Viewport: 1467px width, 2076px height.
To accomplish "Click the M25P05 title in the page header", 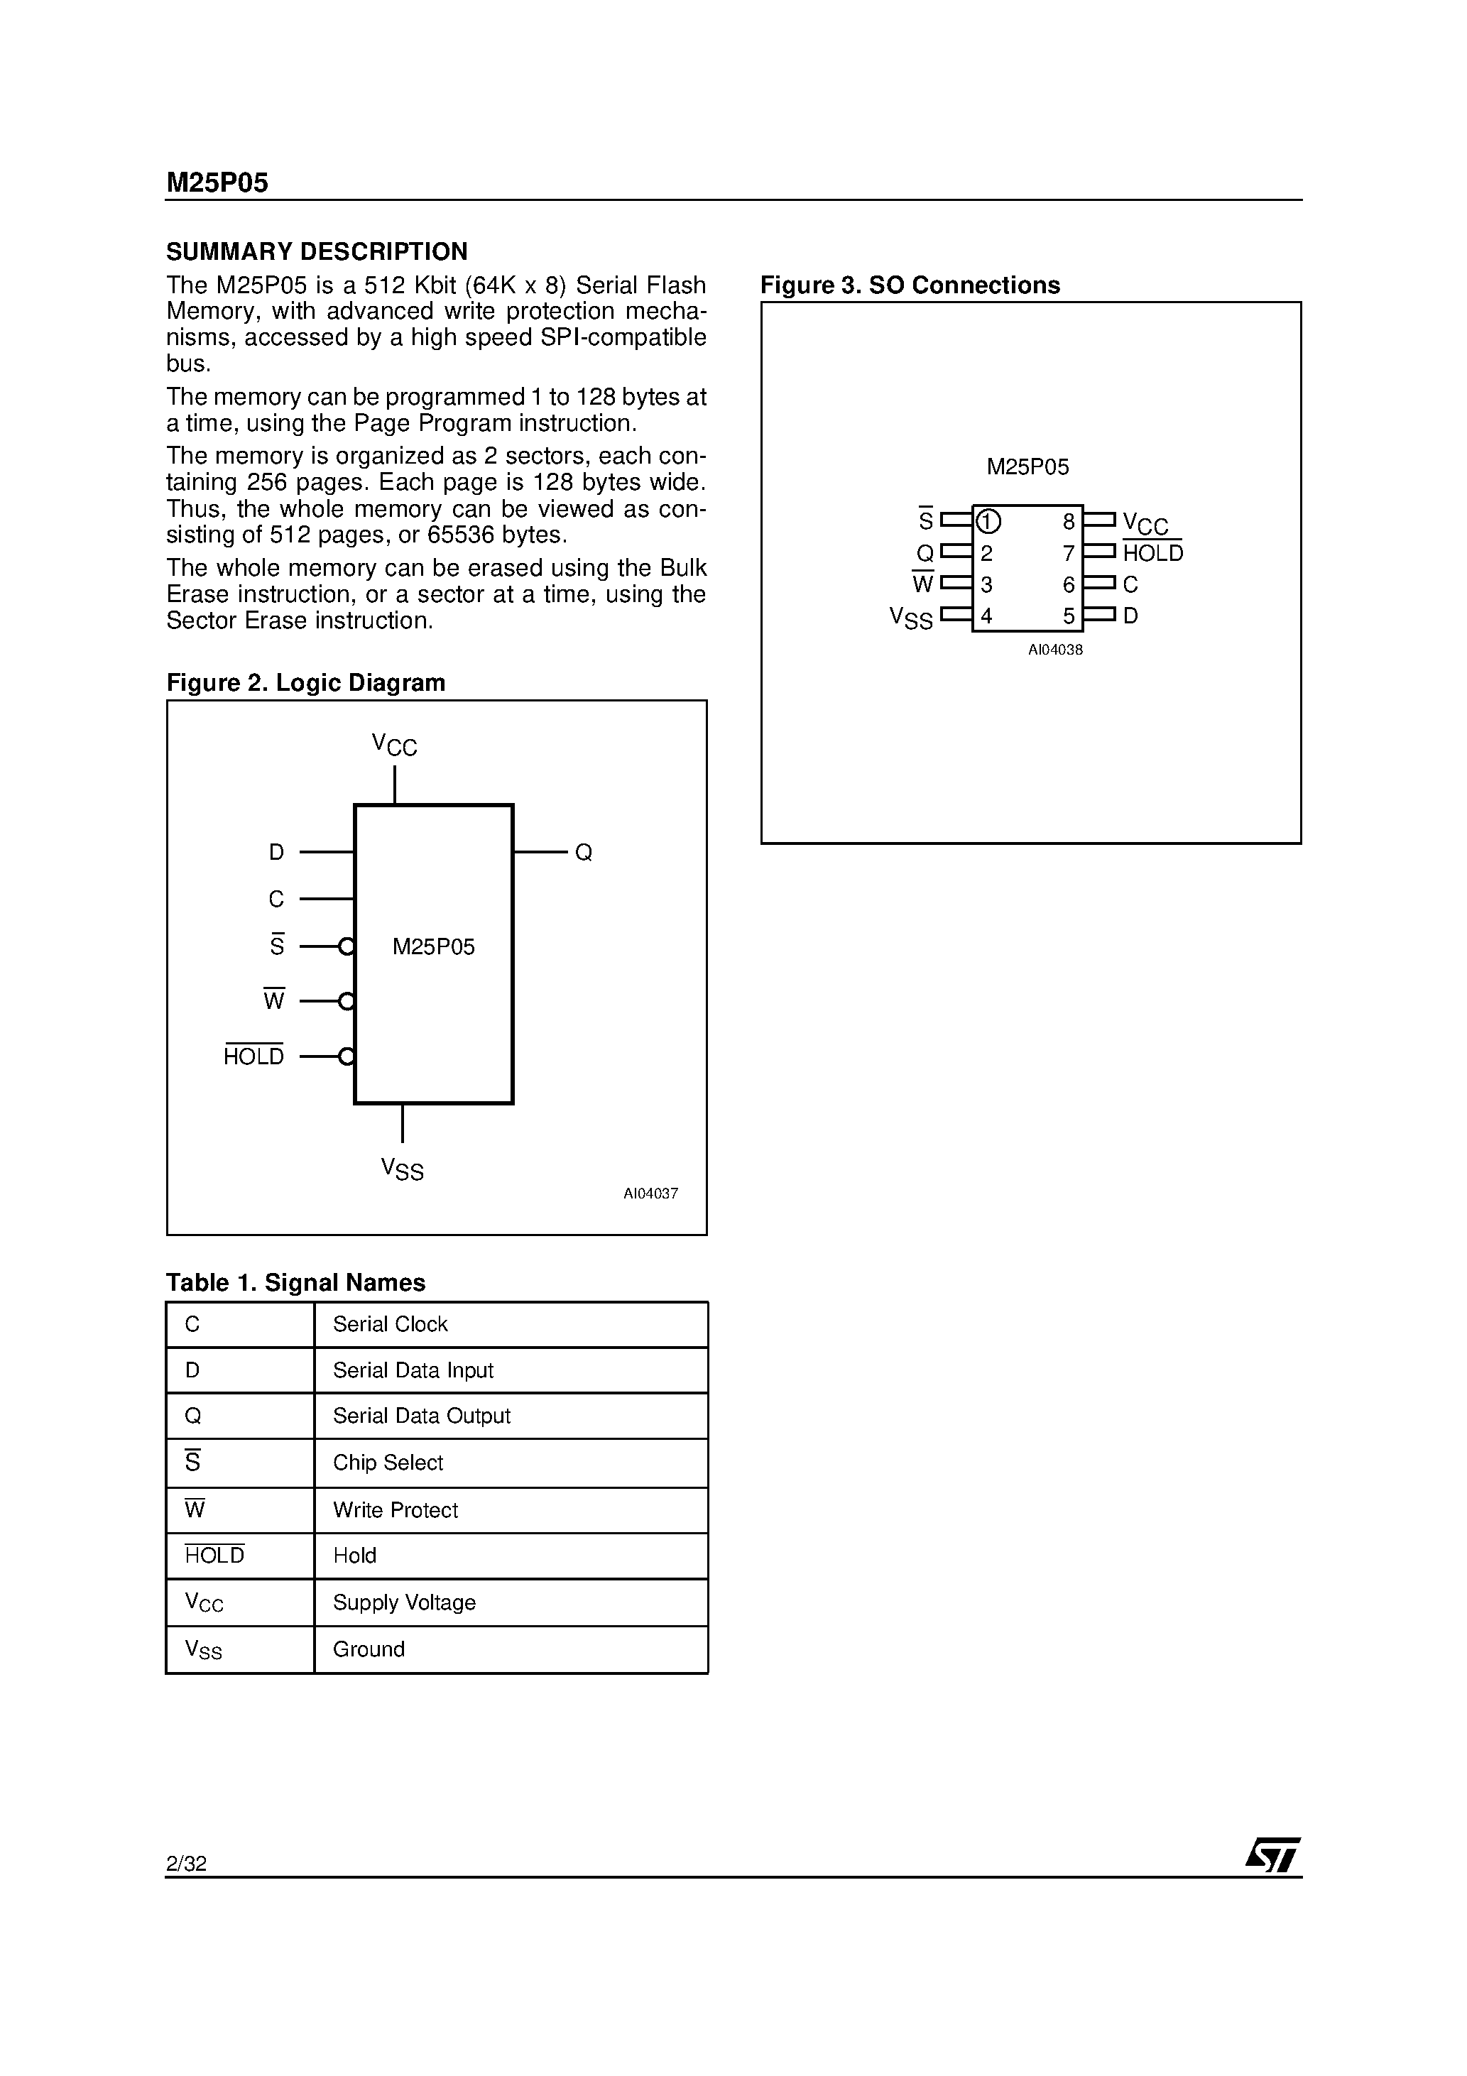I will pos(217,184).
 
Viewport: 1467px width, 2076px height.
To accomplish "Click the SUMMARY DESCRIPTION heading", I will pos(317,251).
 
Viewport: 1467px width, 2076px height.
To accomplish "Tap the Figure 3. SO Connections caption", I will pos(910,285).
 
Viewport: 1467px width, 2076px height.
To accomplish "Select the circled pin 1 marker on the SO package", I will pos(988,522).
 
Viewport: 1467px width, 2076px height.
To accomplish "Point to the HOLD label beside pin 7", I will pos(1152,553).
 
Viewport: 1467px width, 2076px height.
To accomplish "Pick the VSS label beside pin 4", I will pos(911,618).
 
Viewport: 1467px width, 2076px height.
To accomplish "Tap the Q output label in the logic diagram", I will pos(584,853).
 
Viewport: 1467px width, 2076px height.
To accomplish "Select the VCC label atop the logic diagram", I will pos(394,746).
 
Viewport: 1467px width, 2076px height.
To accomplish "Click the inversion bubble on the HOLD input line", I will pos(346,1056).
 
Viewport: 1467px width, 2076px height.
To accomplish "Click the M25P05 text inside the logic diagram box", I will pos(433,946).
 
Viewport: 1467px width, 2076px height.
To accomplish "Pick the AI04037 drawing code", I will pos(650,1193).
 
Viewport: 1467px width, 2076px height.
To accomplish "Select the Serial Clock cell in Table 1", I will pos(390,1325).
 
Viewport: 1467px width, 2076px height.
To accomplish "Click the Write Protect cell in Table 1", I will pos(396,1510).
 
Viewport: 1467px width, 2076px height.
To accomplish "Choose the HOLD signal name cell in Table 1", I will pos(214,1555).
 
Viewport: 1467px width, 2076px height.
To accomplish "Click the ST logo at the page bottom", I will pos(1272,1855).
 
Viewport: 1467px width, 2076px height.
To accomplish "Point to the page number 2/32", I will pos(186,1864).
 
